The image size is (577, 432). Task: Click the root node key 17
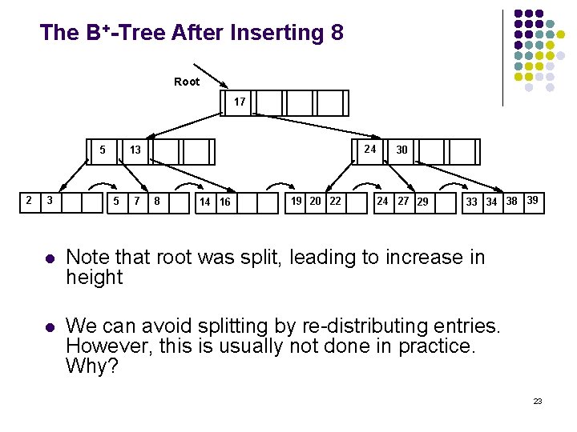[x=240, y=102]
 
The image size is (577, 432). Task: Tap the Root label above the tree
[x=187, y=82]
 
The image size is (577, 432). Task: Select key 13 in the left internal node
[x=135, y=150]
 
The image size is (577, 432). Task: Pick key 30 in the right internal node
[x=401, y=150]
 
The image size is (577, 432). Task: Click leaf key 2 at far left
[x=29, y=200]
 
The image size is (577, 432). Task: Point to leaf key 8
[x=157, y=201]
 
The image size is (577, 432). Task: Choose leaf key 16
[x=225, y=202]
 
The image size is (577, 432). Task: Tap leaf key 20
[x=316, y=201]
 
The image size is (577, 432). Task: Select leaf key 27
[x=403, y=201]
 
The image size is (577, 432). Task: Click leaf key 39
[x=532, y=200]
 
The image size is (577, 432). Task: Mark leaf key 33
[x=472, y=202]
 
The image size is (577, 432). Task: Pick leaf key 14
[x=205, y=202]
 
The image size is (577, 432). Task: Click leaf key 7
[x=137, y=201]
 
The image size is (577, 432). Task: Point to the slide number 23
[x=538, y=401]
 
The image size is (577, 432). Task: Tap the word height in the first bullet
[x=95, y=278]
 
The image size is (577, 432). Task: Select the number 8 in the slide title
[x=336, y=33]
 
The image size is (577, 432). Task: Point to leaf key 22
[x=335, y=201]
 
